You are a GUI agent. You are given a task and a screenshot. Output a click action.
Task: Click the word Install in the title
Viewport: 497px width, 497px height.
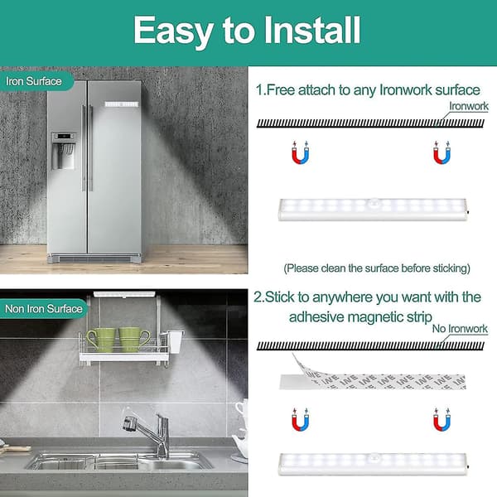tap(312, 30)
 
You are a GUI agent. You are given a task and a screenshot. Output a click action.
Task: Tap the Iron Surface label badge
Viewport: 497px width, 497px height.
tap(36, 81)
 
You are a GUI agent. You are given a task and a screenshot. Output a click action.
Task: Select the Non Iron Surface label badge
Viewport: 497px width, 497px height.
tap(43, 309)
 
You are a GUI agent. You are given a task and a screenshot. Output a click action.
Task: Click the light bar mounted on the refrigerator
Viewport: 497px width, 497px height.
tap(122, 104)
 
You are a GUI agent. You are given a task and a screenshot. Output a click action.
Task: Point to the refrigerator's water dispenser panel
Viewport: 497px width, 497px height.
tap(64, 151)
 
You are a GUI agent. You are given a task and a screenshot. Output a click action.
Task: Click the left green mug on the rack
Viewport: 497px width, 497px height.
tap(101, 340)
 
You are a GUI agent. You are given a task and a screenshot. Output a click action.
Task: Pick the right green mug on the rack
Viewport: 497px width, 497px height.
tap(133, 340)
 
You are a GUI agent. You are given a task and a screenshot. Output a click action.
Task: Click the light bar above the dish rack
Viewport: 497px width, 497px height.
tap(124, 295)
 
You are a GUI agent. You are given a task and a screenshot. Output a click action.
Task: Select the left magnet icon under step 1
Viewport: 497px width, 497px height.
tap(300, 152)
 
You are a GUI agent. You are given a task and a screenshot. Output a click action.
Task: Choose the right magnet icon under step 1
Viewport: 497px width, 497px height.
tap(442, 152)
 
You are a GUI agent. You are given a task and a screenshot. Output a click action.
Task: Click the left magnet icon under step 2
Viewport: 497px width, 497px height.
tap(300, 420)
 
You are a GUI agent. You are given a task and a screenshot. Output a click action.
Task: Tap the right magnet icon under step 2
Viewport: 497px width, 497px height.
tap(442, 420)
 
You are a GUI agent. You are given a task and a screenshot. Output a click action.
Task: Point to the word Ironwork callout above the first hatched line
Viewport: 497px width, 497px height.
tap(469, 106)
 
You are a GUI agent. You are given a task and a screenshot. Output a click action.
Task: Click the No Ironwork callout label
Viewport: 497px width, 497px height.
tap(460, 329)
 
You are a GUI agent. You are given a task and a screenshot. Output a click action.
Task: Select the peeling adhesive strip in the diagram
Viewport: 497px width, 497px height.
tap(373, 379)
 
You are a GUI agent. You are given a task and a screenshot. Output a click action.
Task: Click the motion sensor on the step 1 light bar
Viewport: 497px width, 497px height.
tap(375, 202)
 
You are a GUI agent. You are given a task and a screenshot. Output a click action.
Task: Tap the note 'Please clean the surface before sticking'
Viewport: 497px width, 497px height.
tap(377, 268)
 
